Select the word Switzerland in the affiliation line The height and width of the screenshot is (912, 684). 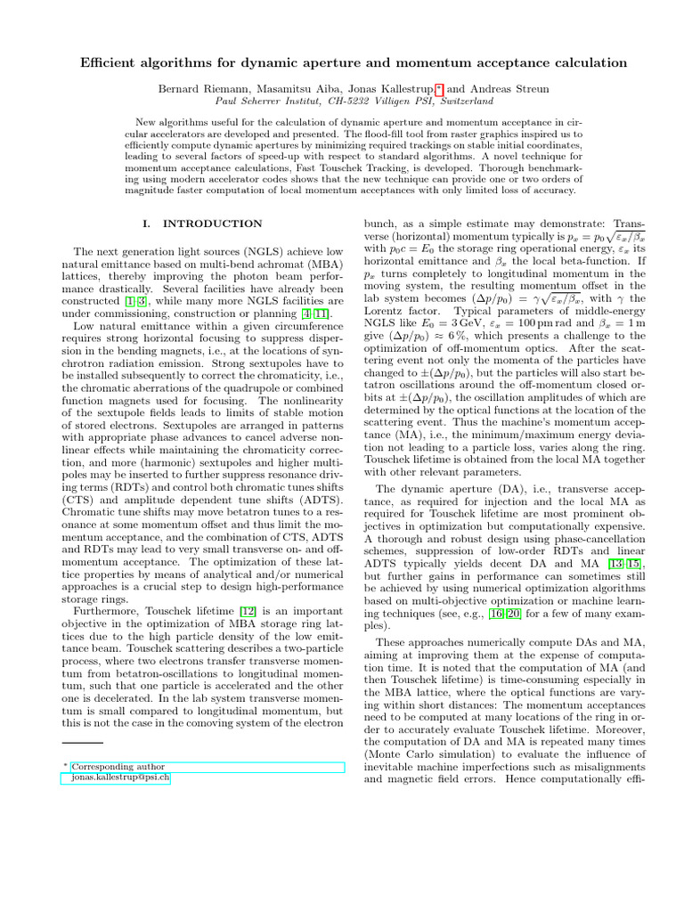point(460,102)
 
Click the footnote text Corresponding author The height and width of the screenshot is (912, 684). point(118,766)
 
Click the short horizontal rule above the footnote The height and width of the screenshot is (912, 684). point(83,742)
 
